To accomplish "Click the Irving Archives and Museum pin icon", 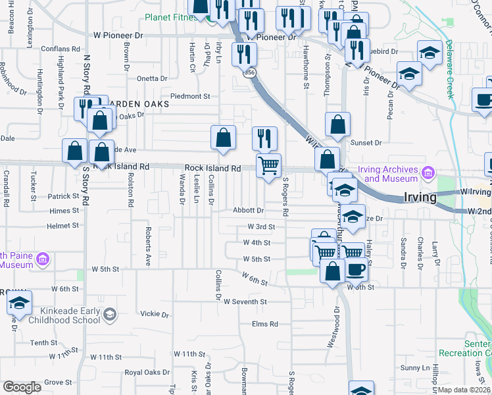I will click(429, 173).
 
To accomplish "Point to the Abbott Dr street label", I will click(248, 211).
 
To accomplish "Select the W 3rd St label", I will click(260, 226).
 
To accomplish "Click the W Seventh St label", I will click(245, 302).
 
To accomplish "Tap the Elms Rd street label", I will click(265, 324).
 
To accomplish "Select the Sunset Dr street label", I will click(367, 142).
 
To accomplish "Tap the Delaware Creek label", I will click(450, 69).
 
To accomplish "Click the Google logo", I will click(22, 387).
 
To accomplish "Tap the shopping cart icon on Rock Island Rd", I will click(268, 166).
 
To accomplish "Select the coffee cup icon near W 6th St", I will click(356, 270).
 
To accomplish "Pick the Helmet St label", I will click(64, 226).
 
